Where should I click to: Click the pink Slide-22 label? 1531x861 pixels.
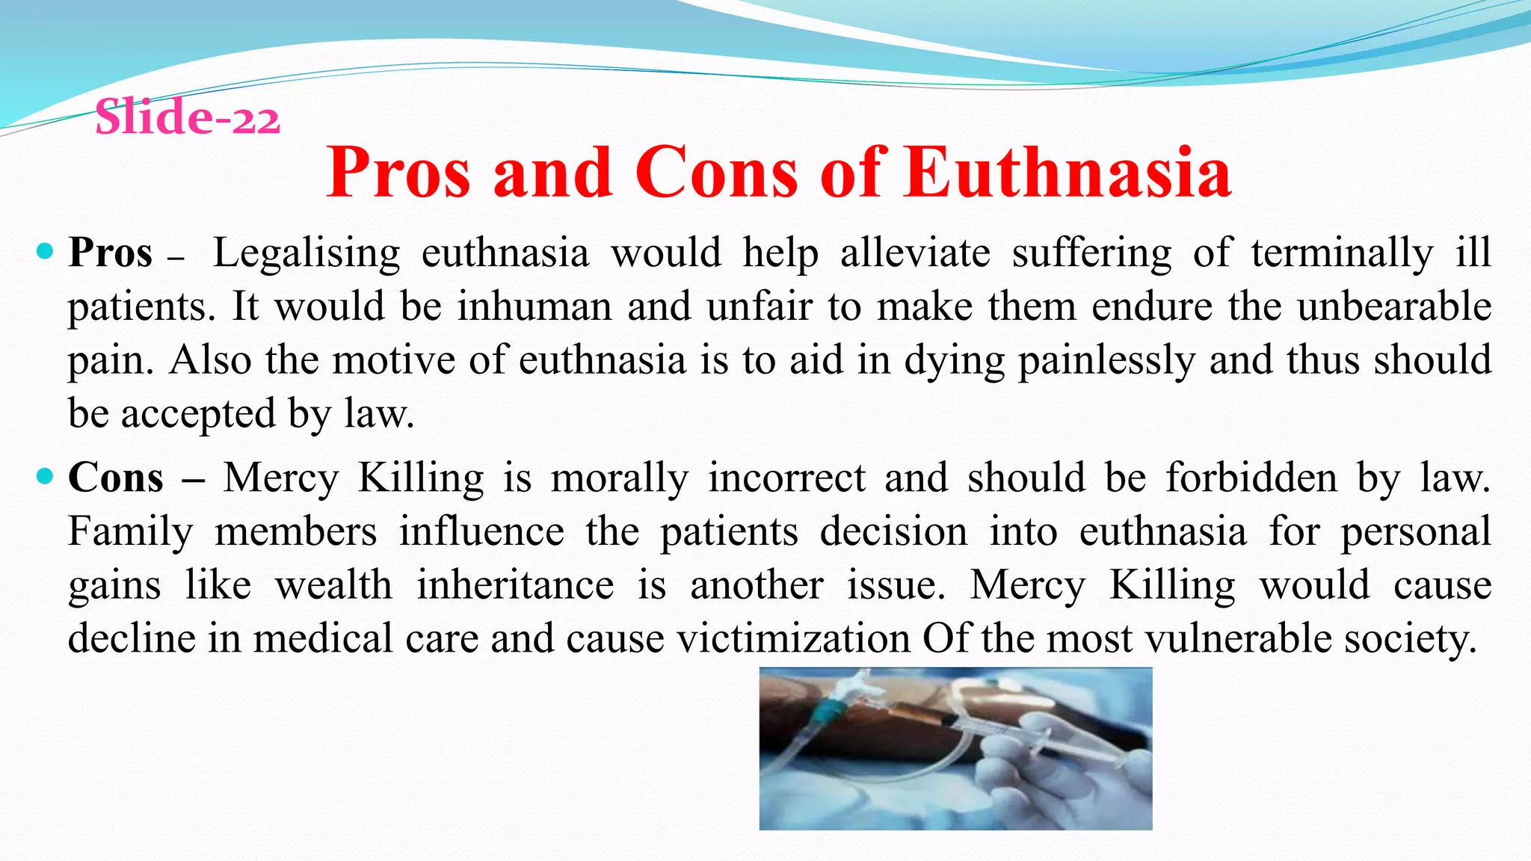[x=188, y=118]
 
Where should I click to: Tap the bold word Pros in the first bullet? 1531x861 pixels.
[x=111, y=253]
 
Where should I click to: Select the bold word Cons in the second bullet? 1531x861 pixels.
[x=116, y=478]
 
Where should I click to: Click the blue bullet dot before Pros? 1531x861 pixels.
[x=45, y=251]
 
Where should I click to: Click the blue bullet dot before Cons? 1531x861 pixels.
[x=45, y=475]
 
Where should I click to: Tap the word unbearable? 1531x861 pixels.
[x=1394, y=306]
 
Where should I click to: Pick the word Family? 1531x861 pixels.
[x=130, y=533]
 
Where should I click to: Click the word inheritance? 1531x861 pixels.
[x=515, y=585]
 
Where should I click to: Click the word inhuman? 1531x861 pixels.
[x=535, y=306]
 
